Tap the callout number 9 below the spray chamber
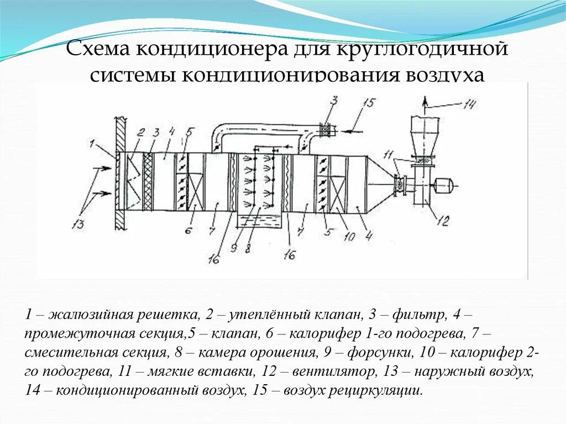(234, 248)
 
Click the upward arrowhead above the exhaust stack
(424, 101)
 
